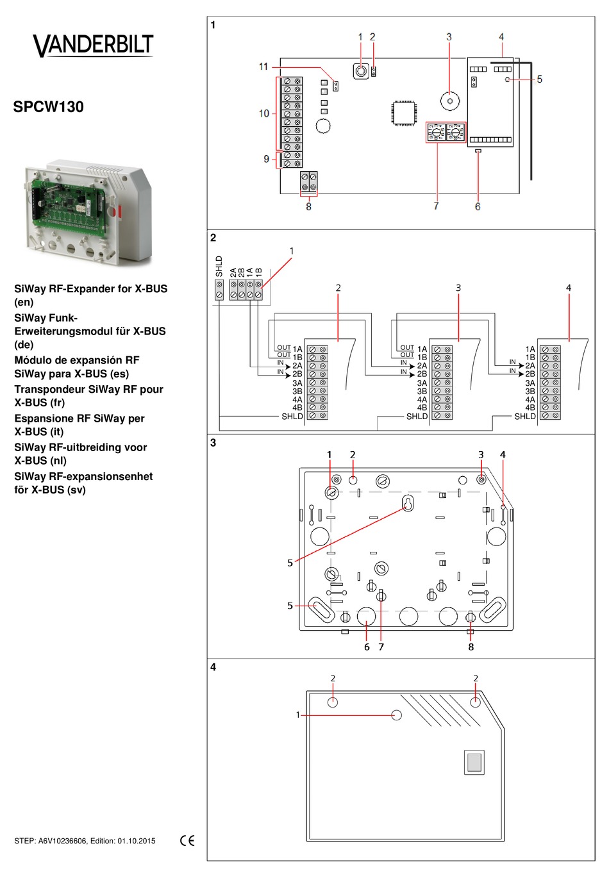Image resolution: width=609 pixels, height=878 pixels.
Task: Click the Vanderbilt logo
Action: point(93,45)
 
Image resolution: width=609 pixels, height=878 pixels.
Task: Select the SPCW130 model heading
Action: point(49,107)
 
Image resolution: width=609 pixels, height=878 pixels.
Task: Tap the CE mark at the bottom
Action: point(187,841)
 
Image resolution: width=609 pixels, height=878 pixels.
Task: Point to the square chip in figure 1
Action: point(405,113)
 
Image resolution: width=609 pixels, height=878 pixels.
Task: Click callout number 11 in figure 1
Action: point(263,67)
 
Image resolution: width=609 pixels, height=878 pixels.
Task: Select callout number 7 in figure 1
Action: point(437,206)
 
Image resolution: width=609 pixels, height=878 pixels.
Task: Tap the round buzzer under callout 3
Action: point(450,101)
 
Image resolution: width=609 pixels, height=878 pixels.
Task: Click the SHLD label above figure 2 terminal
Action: point(219,267)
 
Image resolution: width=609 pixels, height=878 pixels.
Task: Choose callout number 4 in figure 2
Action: point(569,288)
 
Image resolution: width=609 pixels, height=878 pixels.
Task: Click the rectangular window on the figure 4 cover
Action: point(474,762)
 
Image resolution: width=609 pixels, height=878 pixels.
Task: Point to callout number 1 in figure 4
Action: point(297,715)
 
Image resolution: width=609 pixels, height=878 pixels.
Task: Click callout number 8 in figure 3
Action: point(471,647)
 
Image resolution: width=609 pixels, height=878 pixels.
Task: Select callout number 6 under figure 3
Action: point(367,647)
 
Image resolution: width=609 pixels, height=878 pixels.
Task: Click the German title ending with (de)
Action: point(90,331)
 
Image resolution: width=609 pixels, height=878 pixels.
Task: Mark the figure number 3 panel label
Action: point(213,443)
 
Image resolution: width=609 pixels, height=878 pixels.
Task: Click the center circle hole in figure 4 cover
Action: point(396,715)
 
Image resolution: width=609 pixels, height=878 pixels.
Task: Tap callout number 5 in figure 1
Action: point(540,79)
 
